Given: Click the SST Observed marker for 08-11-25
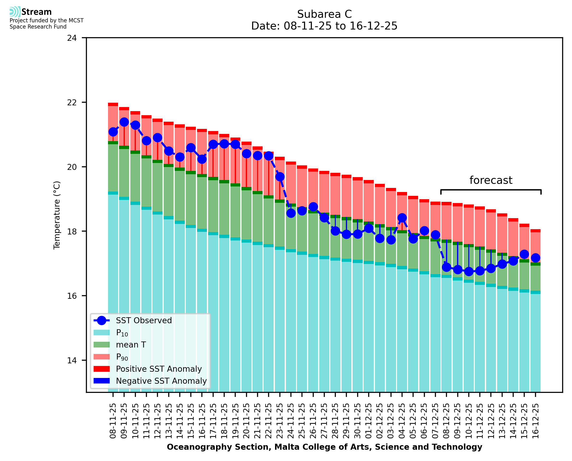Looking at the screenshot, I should [113, 132].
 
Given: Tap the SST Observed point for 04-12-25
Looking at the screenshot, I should [402, 218].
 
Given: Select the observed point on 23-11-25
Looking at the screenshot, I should [280, 177].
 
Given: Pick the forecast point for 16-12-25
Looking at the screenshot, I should [535, 257].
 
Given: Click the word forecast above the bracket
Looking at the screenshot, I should [491, 180].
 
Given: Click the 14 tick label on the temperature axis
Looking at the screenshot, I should [72, 360].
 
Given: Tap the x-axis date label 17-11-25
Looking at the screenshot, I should [213, 421].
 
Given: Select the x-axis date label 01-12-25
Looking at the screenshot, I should [369, 421].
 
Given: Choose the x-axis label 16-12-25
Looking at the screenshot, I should [535, 421].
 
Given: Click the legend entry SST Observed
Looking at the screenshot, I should [144, 321].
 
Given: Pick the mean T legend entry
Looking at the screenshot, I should [131, 345].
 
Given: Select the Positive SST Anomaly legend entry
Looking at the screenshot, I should [159, 369].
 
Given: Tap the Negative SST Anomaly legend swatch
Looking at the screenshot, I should [102, 381].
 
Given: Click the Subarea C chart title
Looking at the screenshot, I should [324, 14].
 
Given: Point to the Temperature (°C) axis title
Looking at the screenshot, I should [57, 215].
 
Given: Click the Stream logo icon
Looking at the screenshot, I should [15, 12].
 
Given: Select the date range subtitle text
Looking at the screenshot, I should [324, 26].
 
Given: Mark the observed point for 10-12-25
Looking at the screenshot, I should [469, 271].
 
